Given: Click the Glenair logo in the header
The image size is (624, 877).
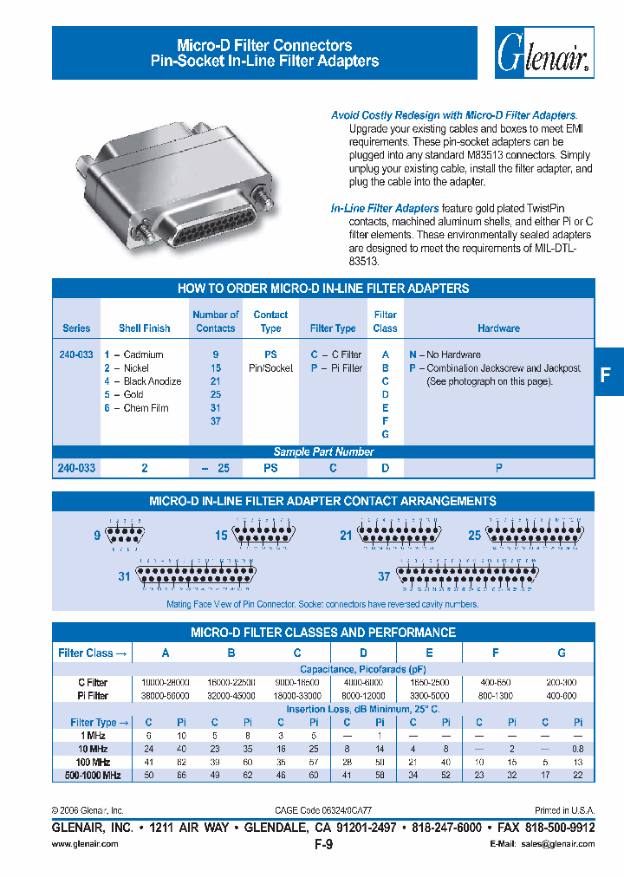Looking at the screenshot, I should click(x=544, y=53).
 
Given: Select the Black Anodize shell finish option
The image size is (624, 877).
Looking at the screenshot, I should click(x=143, y=381).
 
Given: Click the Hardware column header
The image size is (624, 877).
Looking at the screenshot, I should click(x=498, y=328).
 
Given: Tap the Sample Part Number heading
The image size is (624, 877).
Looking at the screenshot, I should click(x=323, y=451).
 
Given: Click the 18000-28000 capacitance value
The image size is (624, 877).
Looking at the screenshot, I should click(x=165, y=683).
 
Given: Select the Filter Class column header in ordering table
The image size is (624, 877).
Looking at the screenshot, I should click(x=385, y=322).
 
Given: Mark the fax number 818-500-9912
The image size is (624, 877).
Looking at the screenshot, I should click(x=561, y=828).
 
